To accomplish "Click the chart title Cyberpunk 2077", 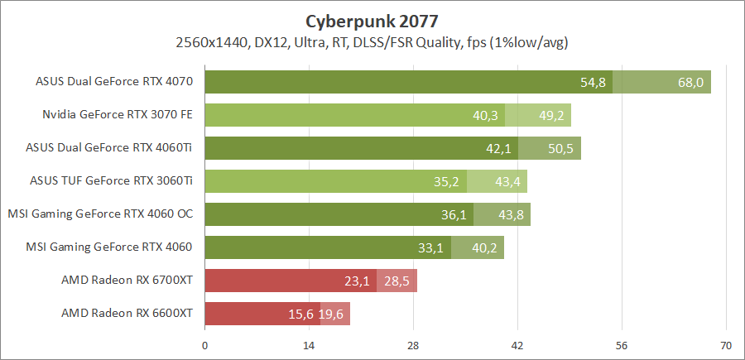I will tap(372, 19).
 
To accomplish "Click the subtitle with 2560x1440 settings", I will tap(372, 41).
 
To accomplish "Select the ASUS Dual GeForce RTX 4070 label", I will tap(114, 82).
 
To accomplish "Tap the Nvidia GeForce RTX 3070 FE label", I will tap(118, 115).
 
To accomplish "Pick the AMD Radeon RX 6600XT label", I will tap(127, 314).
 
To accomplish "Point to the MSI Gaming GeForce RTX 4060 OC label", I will tap(100, 214).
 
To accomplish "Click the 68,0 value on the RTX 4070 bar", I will tap(690, 82).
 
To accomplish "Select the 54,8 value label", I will tap(594, 82).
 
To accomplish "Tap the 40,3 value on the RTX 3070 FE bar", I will tap(485, 115).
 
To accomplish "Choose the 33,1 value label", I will tap(431, 247).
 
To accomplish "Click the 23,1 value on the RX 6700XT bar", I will tap(357, 281).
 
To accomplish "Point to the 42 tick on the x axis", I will tap(517, 346).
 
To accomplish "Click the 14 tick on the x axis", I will tap(309, 346).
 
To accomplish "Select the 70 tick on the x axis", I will tap(726, 346).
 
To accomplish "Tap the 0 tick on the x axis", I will tap(204, 346).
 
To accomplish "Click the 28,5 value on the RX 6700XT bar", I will tap(397, 281).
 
